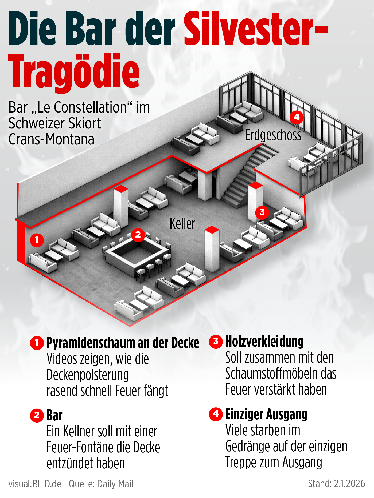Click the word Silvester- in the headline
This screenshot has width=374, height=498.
click(255, 29)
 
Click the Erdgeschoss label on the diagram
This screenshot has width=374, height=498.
click(273, 135)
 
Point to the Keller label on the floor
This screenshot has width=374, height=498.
click(182, 223)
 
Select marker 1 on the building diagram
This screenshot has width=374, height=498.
click(37, 240)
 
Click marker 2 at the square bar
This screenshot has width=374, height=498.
click(138, 235)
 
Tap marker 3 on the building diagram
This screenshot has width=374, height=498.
click(262, 212)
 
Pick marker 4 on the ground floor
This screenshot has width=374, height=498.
click(297, 117)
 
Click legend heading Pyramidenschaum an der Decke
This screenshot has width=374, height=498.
click(123, 343)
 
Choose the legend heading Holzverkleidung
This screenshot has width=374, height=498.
click(264, 342)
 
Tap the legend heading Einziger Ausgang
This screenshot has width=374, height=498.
click(266, 414)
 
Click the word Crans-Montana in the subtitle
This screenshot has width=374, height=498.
click(51, 139)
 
